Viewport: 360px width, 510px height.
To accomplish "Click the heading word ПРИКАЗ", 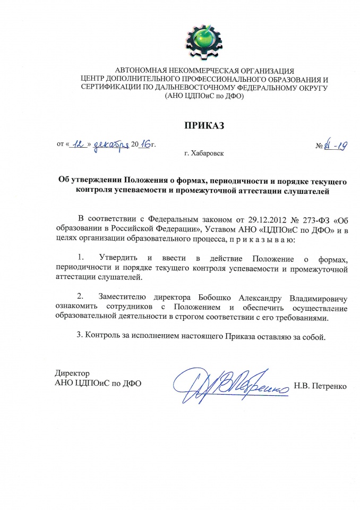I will click(204, 125).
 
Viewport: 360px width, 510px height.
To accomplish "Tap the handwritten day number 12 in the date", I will click(80, 143).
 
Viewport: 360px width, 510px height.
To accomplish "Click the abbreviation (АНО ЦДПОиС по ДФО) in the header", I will click(204, 97).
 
